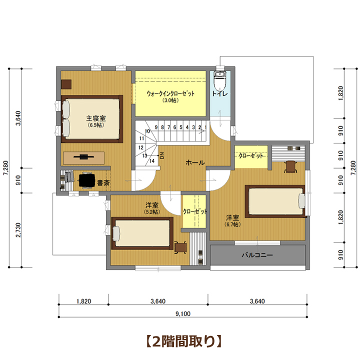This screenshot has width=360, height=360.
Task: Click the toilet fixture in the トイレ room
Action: (x=219, y=81)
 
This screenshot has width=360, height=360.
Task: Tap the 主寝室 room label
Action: (x=96, y=118)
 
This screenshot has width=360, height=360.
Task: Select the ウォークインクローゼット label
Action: (x=170, y=93)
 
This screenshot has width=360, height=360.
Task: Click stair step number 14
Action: (x=152, y=161)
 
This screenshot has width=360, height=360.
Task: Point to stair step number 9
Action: (x=156, y=127)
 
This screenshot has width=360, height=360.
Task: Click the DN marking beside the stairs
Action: (x=162, y=155)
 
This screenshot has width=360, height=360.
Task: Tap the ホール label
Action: (x=195, y=163)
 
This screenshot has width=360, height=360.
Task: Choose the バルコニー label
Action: (x=257, y=255)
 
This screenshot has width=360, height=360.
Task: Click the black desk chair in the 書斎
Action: (x=87, y=180)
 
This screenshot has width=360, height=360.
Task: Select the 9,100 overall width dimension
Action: (x=183, y=313)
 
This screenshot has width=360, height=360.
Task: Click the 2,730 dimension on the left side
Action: (x=18, y=230)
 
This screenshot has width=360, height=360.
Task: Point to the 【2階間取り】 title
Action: (x=183, y=341)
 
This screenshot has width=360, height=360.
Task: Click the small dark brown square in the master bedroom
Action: (x=66, y=84)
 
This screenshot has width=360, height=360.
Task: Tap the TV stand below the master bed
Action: (x=83, y=157)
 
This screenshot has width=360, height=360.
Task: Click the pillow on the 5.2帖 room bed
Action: (x=116, y=233)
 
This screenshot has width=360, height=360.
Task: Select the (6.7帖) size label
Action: (x=232, y=224)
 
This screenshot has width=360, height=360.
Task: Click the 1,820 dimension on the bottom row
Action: (x=84, y=301)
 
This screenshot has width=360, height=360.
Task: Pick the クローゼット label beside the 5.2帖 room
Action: (x=195, y=211)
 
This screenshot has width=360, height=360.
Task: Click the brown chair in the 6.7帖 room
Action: (x=290, y=166)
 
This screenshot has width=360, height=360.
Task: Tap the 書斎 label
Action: (x=103, y=183)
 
